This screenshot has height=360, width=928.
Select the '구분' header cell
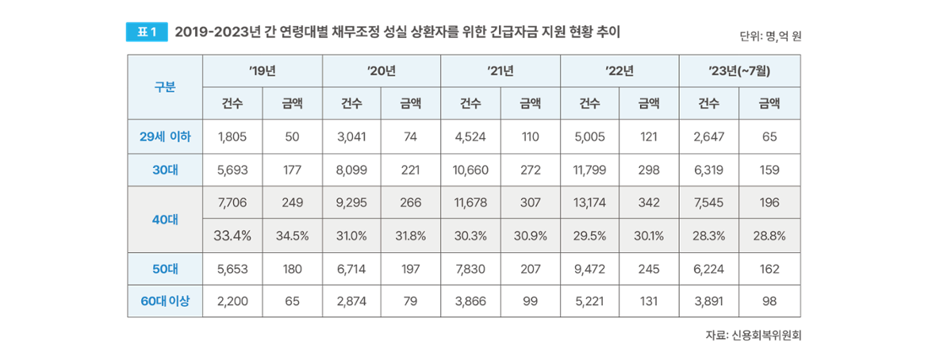(x=165, y=86)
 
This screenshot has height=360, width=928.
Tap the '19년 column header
(x=263, y=71)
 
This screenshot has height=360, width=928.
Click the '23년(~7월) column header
(x=739, y=71)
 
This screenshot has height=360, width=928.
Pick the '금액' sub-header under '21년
(x=531, y=102)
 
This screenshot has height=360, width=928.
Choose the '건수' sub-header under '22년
(x=589, y=102)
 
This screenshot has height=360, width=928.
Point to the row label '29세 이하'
(x=165, y=136)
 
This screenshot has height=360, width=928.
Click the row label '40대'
(x=165, y=219)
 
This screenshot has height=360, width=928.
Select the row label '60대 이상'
(x=165, y=301)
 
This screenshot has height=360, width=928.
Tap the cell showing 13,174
(x=589, y=203)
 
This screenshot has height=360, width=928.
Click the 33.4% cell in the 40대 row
(x=233, y=236)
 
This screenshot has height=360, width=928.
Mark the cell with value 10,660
(x=470, y=170)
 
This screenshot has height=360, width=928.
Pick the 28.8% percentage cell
(x=769, y=236)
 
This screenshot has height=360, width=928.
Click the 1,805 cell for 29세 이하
(x=232, y=136)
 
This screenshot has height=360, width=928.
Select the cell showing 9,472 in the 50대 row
(x=589, y=269)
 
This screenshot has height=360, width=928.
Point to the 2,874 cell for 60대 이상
(x=351, y=301)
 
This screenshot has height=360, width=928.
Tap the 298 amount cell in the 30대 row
(x=650, y=170)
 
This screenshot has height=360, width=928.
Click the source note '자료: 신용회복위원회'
(x=754, y=335)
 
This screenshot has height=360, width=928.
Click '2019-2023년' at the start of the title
(x=209, y=33)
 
